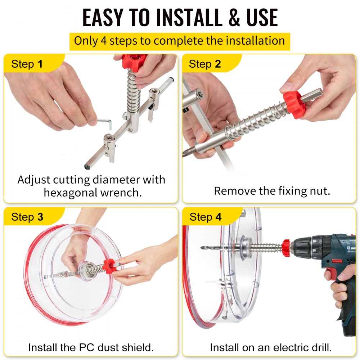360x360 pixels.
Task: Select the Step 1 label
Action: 27,64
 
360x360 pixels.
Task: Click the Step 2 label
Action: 205,64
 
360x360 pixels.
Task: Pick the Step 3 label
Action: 27,217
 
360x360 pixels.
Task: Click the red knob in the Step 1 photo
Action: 134,61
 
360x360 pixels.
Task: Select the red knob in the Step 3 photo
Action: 109,266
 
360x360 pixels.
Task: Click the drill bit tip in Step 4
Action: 204,247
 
